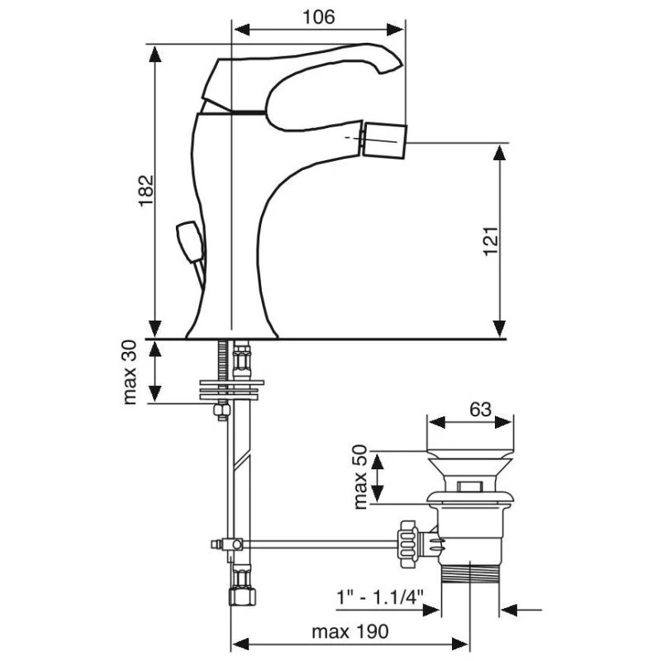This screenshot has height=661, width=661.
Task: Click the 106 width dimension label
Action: click(319, 17)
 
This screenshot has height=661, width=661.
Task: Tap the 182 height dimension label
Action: click(146, 190)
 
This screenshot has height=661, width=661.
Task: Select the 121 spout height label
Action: click(491, 240)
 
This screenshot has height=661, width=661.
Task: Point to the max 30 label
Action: click(130, 373)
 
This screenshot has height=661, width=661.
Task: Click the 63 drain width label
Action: click(481, 409)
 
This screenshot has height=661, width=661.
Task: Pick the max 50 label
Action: click(360, 477)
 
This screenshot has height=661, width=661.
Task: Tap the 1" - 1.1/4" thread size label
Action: click(379, 597)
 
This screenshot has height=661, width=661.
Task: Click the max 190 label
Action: click(350, 631)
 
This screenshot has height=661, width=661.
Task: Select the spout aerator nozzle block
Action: click(384, 140)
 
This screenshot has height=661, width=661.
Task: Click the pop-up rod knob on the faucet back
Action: click(190, 243)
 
